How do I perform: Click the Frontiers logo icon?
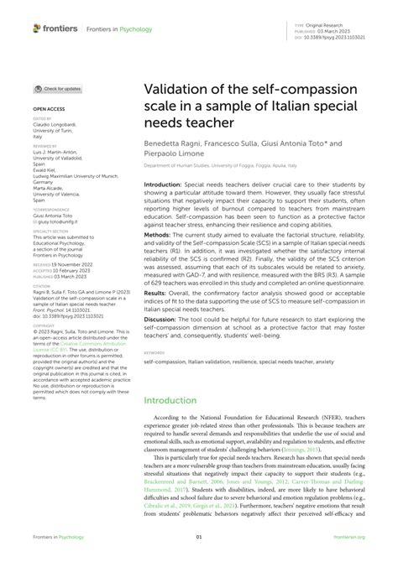pyautogui.click(x=38, y=29)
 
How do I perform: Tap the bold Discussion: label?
pyautogui.click(x=162, y=342)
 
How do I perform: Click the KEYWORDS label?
pyautogui.click(x=153, y=377)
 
